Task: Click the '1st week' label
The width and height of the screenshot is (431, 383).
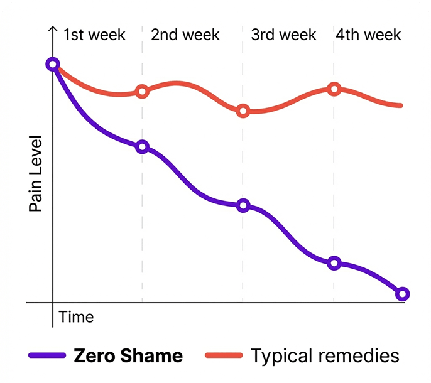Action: click(x=94, y=35)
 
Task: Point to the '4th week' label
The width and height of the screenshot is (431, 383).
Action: click(x=368, y=35)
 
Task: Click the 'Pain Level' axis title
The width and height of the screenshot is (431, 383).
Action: click(x=36, y=173)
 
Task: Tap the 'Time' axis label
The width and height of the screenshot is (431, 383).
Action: click(x=76, y=317)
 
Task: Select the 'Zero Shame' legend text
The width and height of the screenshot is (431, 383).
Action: click(x=128, y=356)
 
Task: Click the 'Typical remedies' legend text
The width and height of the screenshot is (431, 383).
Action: click(x=325, y=356)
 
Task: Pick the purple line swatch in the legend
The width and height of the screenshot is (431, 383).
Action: click(x=47, y=356)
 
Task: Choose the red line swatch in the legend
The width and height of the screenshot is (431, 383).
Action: click(x=223, y=356)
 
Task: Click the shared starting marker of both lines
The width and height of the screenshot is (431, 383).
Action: click(x=53, y=64)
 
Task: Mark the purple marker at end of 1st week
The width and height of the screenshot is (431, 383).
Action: click(x=142, y=147)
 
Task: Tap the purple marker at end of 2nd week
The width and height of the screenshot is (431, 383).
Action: click(x=243, y=205)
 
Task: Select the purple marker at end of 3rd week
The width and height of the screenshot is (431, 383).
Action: click(x=334, y=263)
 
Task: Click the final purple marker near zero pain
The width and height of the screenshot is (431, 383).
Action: click(x=402, y=294)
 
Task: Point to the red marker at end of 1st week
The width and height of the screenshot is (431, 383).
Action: click(x=142, y=92)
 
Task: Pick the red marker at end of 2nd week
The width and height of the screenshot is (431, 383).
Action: click(x=243, y=111)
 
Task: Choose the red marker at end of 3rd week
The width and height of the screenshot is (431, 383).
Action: click(x=334, y=89)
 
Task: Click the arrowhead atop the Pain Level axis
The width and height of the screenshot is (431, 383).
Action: click(x=53, y=29)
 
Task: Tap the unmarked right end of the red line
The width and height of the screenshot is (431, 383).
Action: click(x=400, y=105)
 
